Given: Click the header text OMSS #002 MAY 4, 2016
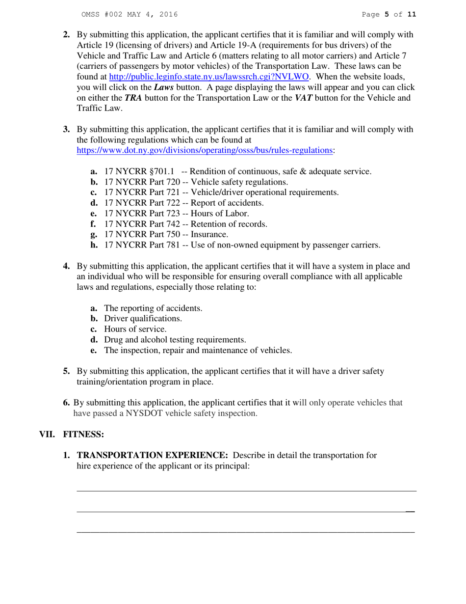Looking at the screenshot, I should coord(129,15).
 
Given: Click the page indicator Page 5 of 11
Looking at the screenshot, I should coord(388,15).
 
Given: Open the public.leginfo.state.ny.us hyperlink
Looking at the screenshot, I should coord(208,77).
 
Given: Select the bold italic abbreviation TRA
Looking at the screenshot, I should coord(133,98).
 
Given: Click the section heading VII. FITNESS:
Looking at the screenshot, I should coord(72,435).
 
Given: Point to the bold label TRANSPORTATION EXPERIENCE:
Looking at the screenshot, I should coord(153,455).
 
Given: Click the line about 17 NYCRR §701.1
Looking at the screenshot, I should coord(238,171).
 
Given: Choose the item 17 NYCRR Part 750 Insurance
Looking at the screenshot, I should coord(166,234).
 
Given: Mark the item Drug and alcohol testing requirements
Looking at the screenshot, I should coord(175,340).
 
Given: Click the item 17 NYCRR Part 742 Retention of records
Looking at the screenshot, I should coord(186,224).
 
